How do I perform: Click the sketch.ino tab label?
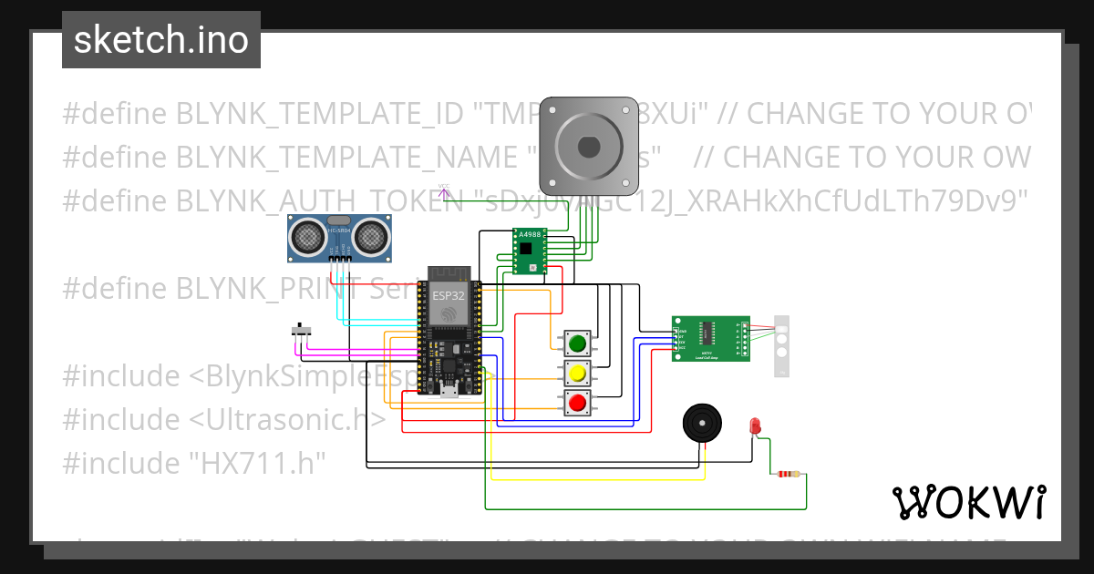click(x=160, y=40)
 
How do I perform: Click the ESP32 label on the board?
click(x=448, y=296)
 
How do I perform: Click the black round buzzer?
click(x=706, y=424)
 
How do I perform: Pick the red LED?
click(x=755, y=425)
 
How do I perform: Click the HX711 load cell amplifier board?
click(x=710, y=338)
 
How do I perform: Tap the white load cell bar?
click(x=781, y=345)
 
